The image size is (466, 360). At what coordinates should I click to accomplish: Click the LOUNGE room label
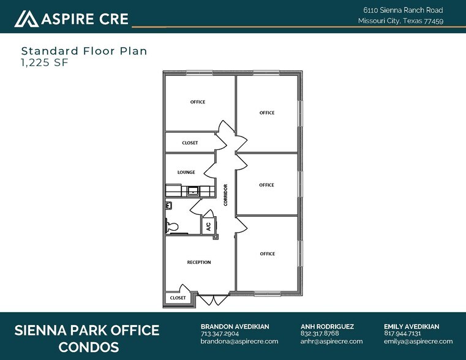tap(186, 173)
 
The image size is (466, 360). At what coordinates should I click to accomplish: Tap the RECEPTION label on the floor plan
tap(198, 263)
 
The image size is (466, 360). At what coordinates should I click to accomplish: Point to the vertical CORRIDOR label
tap(225, 195)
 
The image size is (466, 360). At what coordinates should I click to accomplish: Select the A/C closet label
tap(208, 225)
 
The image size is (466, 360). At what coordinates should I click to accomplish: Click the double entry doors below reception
tap(209, 299)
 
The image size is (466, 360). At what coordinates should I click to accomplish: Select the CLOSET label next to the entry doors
tap(178, 298)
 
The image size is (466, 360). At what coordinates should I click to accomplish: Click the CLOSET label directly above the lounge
tap(190, 143)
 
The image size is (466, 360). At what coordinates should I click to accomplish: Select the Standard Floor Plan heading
tap(84, 51)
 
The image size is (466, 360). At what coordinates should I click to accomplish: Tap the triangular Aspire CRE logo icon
tap(26, 19)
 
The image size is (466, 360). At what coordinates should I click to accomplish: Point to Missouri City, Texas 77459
tap(400, 21)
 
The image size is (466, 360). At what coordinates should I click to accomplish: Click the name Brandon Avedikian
tap(235, 326)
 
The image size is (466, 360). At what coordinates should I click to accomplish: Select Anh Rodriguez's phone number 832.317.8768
tap(320, 334)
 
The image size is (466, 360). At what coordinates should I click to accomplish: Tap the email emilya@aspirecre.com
tap(418, 342)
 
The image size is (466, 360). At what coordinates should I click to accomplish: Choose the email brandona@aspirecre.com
tap(239, 342)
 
